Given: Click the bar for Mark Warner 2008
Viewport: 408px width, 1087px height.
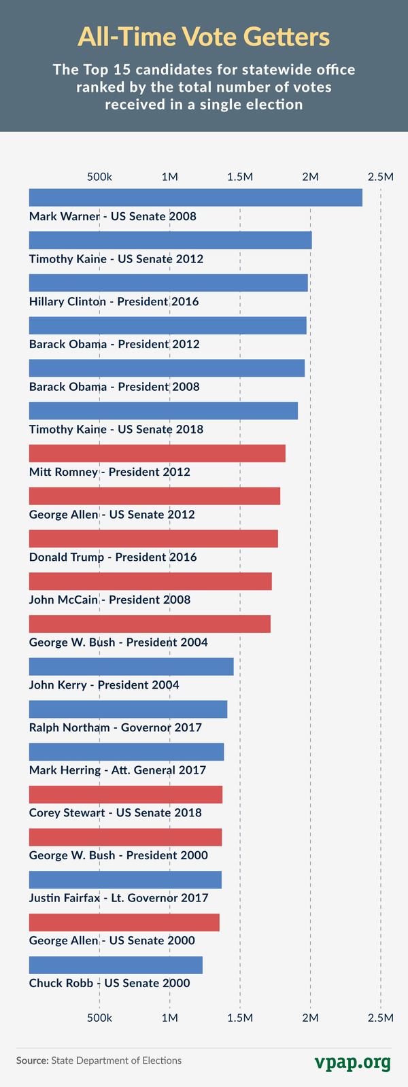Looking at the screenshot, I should click(195, 198).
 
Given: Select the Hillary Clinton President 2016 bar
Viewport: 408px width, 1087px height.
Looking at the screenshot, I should click(168, 283).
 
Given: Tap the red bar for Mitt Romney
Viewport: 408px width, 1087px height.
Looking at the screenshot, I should click(157, 453).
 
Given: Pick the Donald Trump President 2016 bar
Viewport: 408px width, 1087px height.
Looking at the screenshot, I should click(153, 538).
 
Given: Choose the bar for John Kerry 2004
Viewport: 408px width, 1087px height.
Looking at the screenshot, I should click(131, 667).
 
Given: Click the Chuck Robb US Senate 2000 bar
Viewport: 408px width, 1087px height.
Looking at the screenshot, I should click(116, 965).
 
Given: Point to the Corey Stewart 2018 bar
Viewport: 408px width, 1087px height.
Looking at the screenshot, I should click(126, 795).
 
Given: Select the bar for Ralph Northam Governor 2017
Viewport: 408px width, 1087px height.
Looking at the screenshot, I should click(128, 710).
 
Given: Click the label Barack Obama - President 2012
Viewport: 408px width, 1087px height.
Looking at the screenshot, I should click(114, 344).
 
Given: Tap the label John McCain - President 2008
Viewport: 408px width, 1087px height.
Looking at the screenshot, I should click(109, 600).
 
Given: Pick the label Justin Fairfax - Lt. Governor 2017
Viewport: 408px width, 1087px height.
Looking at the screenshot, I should click(118, 898).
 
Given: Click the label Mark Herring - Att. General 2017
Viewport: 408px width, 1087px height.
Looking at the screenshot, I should click(117, 770).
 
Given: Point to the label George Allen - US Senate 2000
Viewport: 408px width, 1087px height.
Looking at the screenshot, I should click(112, 941).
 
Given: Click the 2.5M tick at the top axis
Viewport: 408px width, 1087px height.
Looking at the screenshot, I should click(380, 177).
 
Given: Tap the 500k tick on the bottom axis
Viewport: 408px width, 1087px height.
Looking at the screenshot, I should click(99, 1017).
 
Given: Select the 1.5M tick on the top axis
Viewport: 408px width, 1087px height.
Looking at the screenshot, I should click(240, 177).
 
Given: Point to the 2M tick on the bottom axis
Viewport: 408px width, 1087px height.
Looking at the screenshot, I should click(310, 1017).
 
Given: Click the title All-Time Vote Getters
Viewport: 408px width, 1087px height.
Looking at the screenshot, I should click(204, 37).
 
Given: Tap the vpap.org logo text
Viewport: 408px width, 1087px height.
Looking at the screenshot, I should click(352, 1061).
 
